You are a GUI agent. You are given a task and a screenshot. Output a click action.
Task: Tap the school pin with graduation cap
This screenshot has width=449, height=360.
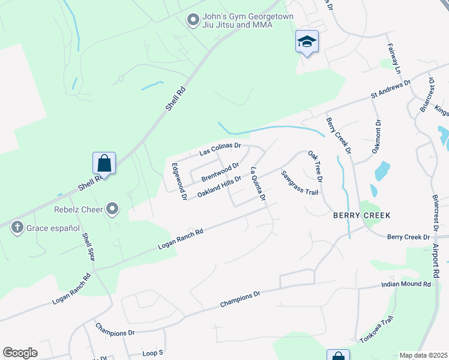tap(307, 41)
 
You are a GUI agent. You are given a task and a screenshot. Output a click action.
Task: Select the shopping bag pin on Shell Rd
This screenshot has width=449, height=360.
tap(104, 163)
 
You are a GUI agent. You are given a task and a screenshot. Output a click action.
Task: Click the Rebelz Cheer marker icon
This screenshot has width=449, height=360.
tap(112, 209)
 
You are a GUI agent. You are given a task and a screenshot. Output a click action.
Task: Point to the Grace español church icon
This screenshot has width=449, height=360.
tap(17, 227)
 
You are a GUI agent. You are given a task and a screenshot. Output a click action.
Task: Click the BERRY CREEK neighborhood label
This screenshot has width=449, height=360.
tap(362, 215)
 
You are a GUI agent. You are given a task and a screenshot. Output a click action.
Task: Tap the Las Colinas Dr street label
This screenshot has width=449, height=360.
tap(220, 149)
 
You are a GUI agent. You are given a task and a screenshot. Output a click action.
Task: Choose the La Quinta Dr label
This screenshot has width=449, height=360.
tap(258, 184)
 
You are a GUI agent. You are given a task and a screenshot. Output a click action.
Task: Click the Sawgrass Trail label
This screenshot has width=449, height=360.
tap(299, 184)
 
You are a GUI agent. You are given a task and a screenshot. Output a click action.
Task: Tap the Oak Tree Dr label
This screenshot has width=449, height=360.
tap(316, 166)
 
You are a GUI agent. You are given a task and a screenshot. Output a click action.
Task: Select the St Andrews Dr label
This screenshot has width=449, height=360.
tap(390, 89)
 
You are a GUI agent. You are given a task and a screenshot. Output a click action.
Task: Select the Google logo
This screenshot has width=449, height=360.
tap(20, 352)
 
